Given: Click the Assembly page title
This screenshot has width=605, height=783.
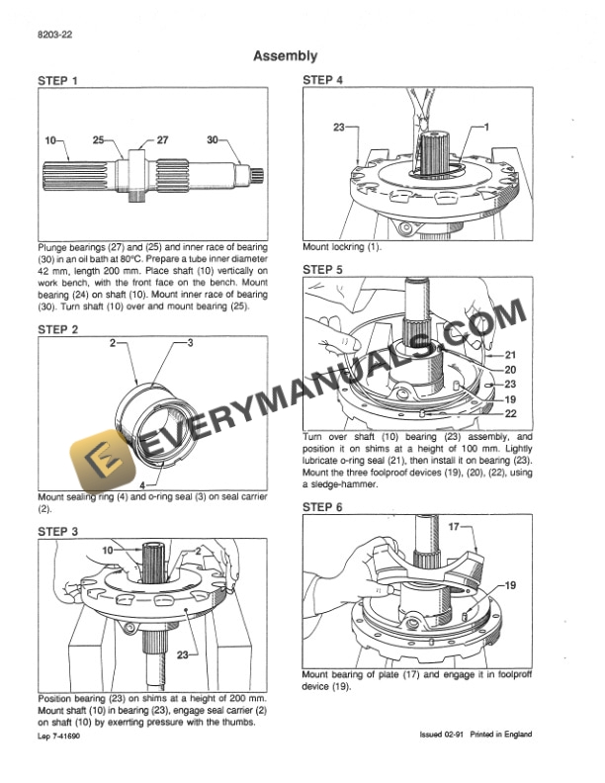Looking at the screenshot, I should pyautogui.click(x=285, y=56).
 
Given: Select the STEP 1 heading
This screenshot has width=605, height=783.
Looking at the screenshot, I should pyautogui.click(x=58, y=79).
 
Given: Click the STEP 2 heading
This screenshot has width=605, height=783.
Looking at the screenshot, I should pyautogui.click(x=58, y=328).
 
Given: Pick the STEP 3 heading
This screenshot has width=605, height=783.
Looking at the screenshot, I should pyautogui.click(x=58, y=531).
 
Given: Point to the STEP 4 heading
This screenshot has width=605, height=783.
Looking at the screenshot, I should pyautogui.click(x=323, y=79).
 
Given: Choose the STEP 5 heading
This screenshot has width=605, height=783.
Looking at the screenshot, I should pyautogui.click(x=323, y=269).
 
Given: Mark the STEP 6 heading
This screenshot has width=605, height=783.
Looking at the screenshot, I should pyautogui.click(x=323, y=506).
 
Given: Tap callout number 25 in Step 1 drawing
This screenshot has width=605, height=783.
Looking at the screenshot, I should pyautogui.click(x=98, y=140).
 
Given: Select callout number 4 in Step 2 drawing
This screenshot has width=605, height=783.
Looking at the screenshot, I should pyautogui.click(x=143, y=484).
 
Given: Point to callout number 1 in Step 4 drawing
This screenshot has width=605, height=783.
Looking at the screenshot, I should pyautogui.click(x=486, y=128).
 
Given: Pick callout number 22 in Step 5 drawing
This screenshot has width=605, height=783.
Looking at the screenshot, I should pyautogui.click(x=511, y=413).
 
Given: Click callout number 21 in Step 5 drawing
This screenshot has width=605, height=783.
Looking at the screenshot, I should pyautogui.click(x=511, y=354).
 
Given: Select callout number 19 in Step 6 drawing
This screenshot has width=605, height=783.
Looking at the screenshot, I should pyautogui.click(x=511, y=585).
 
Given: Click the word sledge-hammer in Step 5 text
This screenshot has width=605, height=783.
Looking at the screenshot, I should pyautogui.click(x=335, y=484).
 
